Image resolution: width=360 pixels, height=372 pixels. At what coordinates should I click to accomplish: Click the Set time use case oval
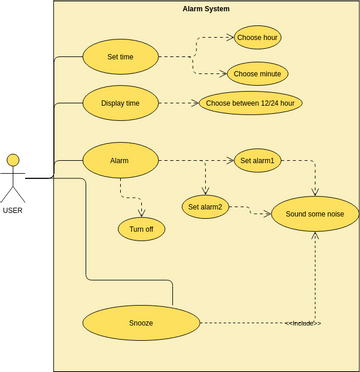tap(120, 57)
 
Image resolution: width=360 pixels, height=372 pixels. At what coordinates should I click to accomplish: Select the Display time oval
tap(120, 103)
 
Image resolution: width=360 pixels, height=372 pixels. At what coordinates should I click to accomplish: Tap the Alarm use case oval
tap(120, 160)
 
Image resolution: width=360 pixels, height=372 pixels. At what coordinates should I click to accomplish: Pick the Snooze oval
tap(140, 323)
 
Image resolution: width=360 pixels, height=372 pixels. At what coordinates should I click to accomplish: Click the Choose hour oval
tap(257, 38)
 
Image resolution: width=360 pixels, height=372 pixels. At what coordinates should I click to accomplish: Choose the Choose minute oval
tap(258, 74)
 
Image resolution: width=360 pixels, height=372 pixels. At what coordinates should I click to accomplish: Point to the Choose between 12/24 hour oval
tap(251, 103)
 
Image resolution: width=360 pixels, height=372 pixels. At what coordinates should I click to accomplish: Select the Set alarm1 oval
tap(257, 160)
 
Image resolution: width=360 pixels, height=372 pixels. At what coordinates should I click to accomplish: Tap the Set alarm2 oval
tap(205, 207)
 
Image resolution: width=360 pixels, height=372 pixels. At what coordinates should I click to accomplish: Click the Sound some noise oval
tap(315, 214)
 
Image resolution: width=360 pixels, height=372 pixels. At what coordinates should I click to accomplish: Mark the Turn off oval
tap(141, 229)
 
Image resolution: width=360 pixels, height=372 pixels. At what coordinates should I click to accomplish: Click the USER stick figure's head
tap(13, 160)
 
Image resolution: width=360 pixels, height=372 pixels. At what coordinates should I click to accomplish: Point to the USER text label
tap(13, 210)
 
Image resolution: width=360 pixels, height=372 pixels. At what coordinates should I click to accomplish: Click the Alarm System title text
tap(206, 9)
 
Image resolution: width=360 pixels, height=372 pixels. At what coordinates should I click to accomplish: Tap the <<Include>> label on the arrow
tap(303, 323)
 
